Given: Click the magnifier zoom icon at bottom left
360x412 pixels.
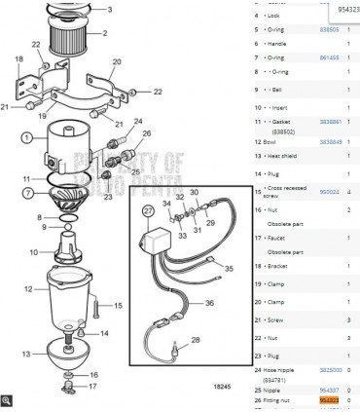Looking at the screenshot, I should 7,399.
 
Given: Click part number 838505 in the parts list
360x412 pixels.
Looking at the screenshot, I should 330,29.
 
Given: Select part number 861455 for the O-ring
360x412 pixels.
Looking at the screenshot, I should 330,57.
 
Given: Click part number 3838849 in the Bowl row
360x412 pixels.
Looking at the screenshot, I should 331,141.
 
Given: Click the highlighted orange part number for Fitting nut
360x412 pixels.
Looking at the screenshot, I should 330,399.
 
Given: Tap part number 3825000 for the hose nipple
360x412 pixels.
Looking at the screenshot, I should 331,370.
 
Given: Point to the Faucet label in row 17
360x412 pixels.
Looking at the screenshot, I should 278,237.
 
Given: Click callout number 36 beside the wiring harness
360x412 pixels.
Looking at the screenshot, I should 209,303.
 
